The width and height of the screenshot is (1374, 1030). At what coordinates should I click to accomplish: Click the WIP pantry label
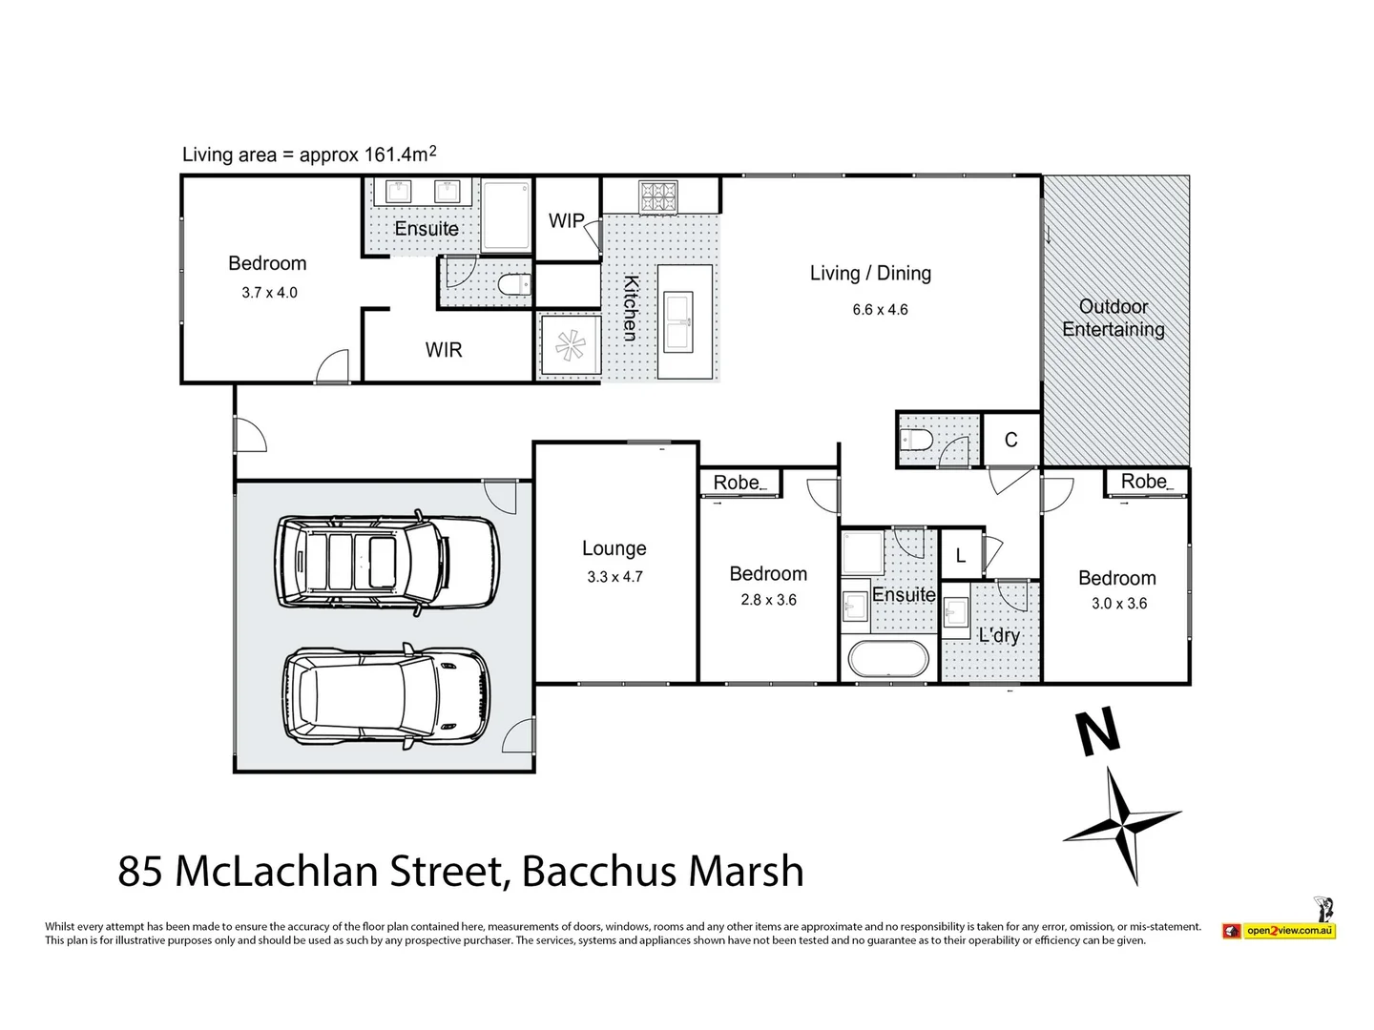[566, 221]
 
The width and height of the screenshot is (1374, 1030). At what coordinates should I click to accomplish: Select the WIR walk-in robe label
[444, 350]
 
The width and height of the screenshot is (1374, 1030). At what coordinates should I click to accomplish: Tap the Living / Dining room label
[870, 274]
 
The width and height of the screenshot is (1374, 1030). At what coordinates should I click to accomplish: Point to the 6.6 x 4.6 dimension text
[880, 310]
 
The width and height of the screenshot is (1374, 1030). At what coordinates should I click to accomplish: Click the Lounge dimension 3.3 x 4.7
[615, 577]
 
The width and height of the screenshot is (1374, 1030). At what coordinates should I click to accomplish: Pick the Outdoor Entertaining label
[1114, 319]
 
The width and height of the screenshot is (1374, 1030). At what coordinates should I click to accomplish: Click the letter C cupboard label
[1010, 440]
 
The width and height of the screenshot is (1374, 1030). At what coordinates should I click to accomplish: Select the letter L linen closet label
[960, 556]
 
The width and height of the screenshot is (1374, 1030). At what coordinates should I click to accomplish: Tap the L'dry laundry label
[999, 635]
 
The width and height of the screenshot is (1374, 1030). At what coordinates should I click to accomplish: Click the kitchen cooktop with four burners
[657, 196]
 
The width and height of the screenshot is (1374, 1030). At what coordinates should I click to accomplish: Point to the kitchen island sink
[684, 321]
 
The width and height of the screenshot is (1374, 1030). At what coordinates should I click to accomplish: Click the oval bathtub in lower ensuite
[887, 660]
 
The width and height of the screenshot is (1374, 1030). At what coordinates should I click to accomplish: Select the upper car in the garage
[387, 565]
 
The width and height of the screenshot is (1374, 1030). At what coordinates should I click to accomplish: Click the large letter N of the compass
[1097, 733]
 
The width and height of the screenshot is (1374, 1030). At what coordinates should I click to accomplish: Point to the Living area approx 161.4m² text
[309, 154]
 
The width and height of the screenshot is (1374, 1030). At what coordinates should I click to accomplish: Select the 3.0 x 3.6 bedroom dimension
[1119, 604]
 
